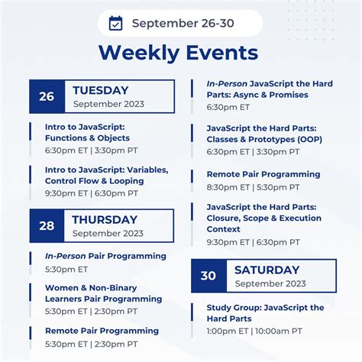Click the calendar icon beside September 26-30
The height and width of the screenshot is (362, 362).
tap(116, 24)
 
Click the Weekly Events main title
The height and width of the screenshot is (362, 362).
tap(178, 53)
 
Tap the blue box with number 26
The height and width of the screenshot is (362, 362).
tap(47, 96)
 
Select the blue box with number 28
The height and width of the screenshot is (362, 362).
tap(47, 226)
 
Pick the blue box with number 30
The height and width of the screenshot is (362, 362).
tap(208, 276)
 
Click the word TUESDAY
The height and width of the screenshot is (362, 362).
tap(100, 90)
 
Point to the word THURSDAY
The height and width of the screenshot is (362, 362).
tap(105, 220)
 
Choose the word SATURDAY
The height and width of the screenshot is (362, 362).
tap(267, 270)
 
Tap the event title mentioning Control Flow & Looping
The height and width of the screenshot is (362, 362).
tap(106, 175)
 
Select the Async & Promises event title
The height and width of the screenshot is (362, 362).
tap(269, 89)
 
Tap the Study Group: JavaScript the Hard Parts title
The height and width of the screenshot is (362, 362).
tap(265, 312)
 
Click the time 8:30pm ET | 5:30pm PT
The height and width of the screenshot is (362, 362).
tap(253, 187)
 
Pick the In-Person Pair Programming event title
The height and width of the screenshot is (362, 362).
tap(105, 256)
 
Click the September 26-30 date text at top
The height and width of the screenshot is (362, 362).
tap(183, 24)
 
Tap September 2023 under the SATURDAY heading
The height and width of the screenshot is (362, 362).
tap(270, 283)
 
